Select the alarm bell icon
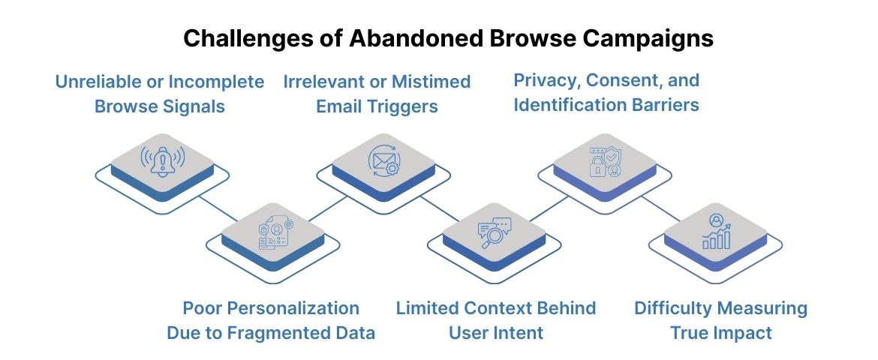tap(162, 160)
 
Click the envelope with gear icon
tap(383, 160)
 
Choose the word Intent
tap(518, 332)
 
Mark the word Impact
tap(742, 332)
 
